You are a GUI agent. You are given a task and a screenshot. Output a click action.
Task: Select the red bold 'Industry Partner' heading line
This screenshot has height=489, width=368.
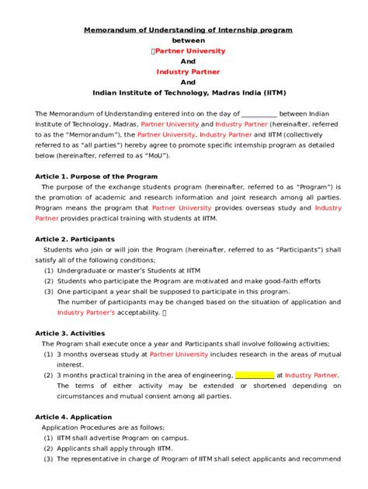point(184,71)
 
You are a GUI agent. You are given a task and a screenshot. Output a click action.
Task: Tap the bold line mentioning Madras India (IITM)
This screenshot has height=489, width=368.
point(184,92)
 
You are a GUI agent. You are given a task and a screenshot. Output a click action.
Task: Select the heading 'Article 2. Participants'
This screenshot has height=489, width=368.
point(75,238)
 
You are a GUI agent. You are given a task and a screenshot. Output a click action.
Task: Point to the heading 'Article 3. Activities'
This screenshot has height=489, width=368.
point(72,332)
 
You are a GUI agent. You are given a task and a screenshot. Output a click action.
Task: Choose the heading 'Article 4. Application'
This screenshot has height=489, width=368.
point(74,417)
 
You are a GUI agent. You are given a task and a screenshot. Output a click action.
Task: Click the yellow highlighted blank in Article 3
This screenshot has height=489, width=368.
point(254,375)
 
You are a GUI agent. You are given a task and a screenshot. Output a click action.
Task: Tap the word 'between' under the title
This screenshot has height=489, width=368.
point(184,40)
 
